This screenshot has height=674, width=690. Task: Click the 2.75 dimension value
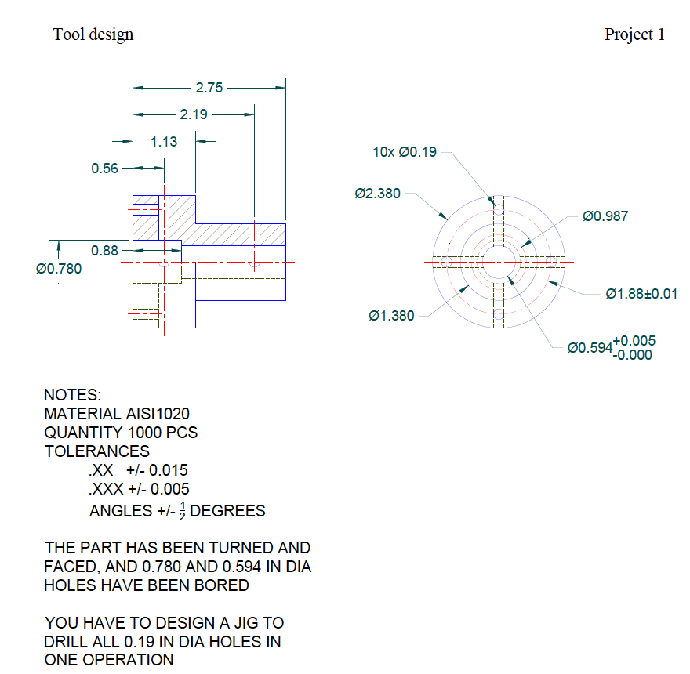point(209,88)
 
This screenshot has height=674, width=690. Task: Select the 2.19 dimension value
point(194,114)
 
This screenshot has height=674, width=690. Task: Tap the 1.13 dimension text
point(164,142)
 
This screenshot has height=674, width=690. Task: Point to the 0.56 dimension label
point(104,168)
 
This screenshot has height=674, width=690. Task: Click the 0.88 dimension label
point(104,251)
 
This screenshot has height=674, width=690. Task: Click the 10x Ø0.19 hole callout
point(405,152)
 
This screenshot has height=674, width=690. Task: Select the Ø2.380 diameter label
point(378,194)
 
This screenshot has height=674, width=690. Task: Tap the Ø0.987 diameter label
point(605,216)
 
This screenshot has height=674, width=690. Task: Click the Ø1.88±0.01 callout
point(641,294)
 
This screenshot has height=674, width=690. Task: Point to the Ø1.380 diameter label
point(391,316)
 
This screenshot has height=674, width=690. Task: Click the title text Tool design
point(93,34)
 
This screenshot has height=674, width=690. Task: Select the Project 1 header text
point(634,34)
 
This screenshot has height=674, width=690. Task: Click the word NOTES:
point(73,395)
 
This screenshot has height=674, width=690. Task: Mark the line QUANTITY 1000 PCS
point(121,433)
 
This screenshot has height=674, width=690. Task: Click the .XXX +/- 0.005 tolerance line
point(139,490)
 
